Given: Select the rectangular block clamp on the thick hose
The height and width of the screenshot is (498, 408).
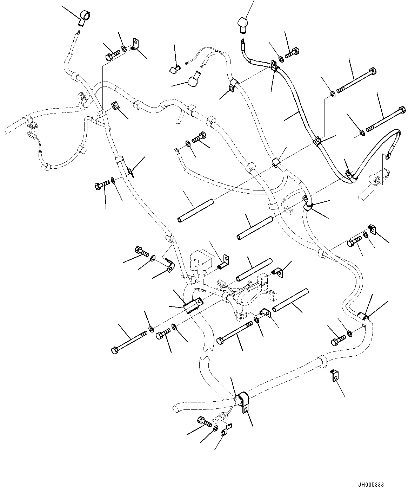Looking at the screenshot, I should (x=193, y=305).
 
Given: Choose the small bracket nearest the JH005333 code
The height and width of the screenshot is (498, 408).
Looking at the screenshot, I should (x=335, y=375).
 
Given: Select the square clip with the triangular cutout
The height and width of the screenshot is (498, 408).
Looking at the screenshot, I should (x=114, y=106).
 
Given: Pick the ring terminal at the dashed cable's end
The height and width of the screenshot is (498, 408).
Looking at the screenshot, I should (x=177, y=151).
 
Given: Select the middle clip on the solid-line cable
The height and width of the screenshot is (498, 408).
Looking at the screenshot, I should (x=317, y=141).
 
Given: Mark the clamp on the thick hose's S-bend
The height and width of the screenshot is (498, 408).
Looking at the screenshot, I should (x=363, y=317).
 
